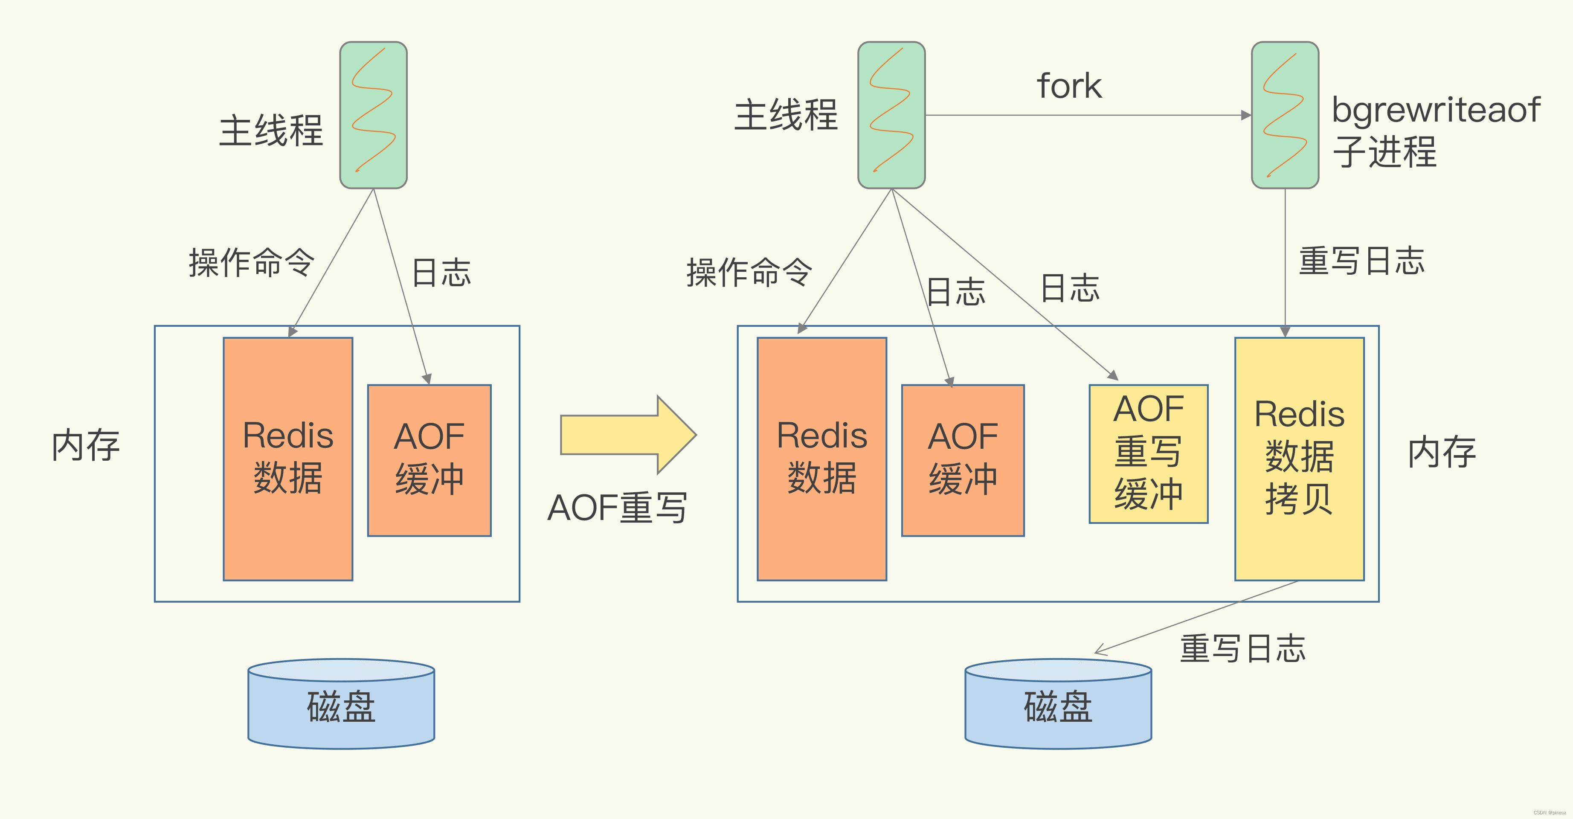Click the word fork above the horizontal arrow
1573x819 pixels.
[1069, 85]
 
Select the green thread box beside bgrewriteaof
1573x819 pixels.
[1285, 115]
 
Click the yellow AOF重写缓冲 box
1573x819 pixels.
[1148, 453]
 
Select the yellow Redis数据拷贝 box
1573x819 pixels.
[1299, 458]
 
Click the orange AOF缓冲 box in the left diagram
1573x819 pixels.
[429, 459]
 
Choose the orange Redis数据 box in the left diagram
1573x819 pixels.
[287, 458]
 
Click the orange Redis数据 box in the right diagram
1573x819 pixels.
[821, 458]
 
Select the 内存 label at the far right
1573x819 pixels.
[1442, 453]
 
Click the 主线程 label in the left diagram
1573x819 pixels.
[270, 131]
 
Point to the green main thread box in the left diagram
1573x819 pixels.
[373, 115]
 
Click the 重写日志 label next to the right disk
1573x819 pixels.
[1242, 649]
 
